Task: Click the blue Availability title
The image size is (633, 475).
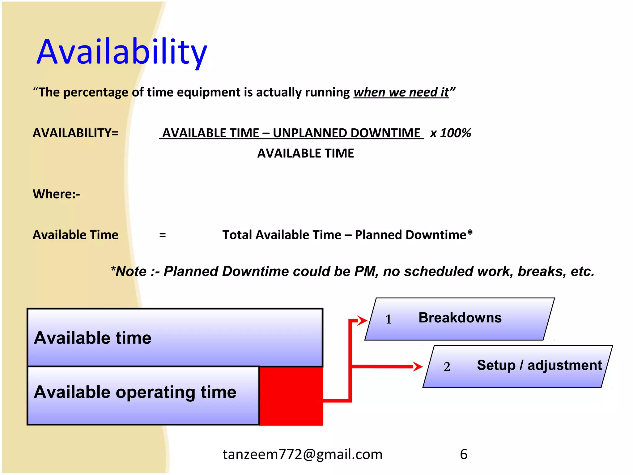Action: click(x=121, y=52)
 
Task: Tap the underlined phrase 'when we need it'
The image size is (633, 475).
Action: click(x=401, y=92)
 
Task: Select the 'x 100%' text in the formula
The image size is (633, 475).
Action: click(x=450, y=133)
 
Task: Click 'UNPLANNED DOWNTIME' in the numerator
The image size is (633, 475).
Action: click(x=346, y=133)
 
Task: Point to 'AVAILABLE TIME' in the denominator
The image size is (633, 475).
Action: click(x=305, y=153)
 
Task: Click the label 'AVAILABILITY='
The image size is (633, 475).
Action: click(x=75, y=133)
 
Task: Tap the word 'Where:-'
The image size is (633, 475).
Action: click(x=56, y=194)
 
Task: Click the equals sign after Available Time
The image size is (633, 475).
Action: click(x=163, y=235)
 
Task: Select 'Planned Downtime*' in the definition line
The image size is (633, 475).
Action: click(x=414, y=235)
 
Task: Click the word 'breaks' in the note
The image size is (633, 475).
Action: click(x=542, y=271)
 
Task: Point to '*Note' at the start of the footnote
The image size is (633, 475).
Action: click(x=129, y=271)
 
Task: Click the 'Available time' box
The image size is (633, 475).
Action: click(x=175, y=337)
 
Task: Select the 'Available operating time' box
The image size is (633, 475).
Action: click(x=143, y=395)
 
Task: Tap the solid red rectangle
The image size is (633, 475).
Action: click(x=291, y=396)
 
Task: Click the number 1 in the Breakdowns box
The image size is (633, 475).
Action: click(x=388, y=319)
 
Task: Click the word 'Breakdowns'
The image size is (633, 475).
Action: click(x=460, y=318)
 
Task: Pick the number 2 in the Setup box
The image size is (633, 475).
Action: click(x=447, y=367)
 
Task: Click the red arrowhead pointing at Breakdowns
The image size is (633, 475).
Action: click(x=362, y=320)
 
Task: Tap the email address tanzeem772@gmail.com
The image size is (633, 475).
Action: click(x=302, y=454)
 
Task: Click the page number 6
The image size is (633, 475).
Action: click(x=463, y=454)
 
